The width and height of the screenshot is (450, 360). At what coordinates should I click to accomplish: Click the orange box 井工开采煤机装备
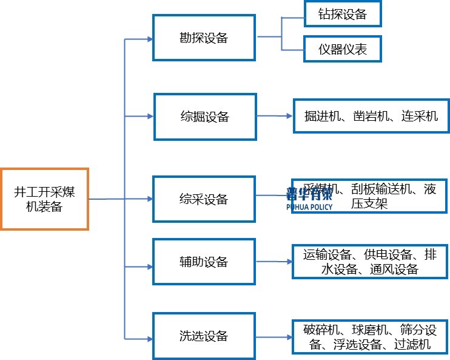(44, 199)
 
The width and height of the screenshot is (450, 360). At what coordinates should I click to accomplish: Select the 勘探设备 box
(203, 38)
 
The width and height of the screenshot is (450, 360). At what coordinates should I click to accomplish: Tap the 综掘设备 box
(205, 116)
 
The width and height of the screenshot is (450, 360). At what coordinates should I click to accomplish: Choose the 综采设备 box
(204, 199)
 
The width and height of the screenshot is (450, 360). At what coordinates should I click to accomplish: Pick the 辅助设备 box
(204, 262)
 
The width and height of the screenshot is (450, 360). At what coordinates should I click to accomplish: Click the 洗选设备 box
(204, 336)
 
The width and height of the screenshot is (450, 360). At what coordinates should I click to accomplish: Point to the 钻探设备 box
(342, 14)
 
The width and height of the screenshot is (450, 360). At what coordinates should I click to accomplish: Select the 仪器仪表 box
(342, 49)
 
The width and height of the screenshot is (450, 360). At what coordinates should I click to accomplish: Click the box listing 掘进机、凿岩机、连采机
(371, 115)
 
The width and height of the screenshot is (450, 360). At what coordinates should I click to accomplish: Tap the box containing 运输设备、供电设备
(370, 262)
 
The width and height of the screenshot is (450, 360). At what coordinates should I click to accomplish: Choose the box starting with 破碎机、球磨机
(370, 336)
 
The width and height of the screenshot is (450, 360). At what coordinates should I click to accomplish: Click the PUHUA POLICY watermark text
(309, 206)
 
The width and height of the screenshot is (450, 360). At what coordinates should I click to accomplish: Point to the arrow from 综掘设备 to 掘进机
(274, 115)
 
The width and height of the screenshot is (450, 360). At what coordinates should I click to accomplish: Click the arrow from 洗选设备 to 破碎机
(274, 336)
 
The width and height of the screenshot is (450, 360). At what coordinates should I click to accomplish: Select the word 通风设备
(394, 270)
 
